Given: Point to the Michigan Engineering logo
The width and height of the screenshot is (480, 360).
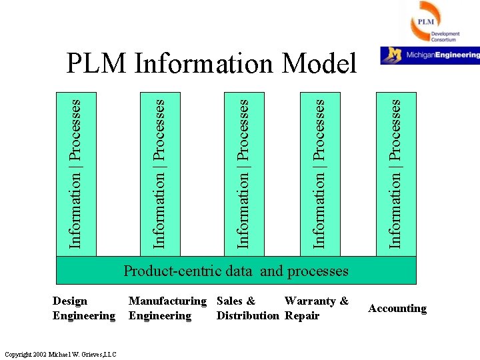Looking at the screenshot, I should (430, 55).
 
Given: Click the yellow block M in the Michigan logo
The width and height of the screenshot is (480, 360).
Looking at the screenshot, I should (395, 55).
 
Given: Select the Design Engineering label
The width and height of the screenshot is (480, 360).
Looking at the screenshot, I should (83, 308).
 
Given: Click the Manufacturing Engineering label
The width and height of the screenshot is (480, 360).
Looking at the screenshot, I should (167, 308).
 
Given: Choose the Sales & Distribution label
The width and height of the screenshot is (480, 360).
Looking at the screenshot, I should (247, 308).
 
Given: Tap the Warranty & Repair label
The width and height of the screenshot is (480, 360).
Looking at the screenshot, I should (316, 308).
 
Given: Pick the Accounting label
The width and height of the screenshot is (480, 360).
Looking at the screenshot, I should (397, 308).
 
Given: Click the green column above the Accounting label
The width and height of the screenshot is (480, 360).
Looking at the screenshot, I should (396, 173).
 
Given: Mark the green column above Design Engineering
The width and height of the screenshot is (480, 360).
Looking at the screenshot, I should (76, 173).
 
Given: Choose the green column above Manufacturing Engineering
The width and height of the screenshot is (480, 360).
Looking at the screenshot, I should (159, 173).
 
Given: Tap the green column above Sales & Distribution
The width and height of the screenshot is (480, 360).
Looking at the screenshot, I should (243, 173).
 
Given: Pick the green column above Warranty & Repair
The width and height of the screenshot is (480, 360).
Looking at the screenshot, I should (320, 173).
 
